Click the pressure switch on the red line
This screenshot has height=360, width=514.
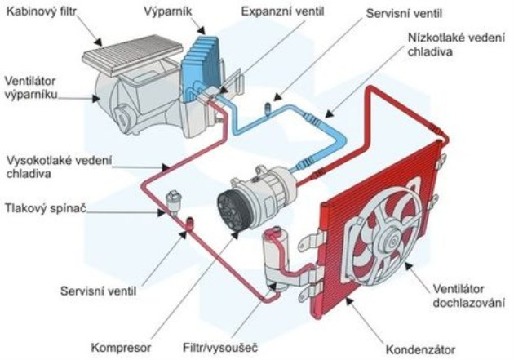173,200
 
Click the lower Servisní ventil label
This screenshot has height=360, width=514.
97,290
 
